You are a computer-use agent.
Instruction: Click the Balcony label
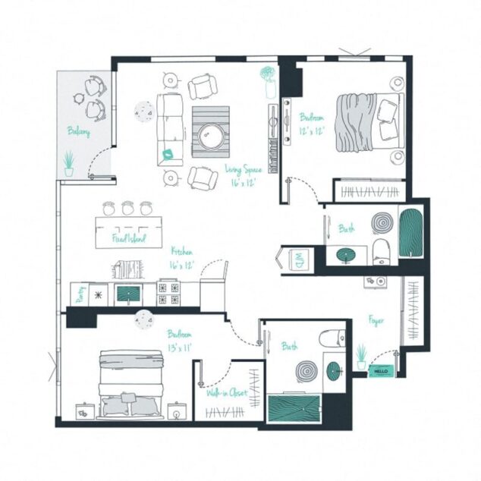[x=79, y=131]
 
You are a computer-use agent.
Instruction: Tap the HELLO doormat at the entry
[x=380, y=372]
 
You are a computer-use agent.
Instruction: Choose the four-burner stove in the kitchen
[x=168, y=293]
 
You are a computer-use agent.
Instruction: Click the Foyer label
[x=376, y=320]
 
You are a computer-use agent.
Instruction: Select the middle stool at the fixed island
[x=127, y=207]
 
